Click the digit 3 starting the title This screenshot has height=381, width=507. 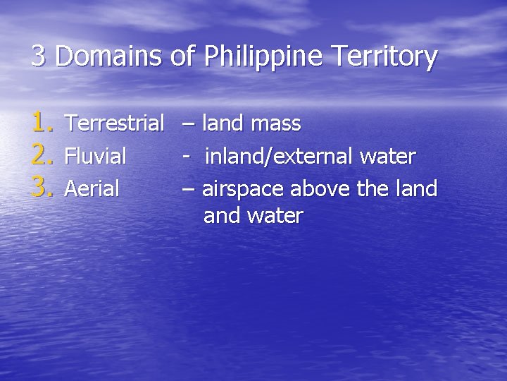[x=39, y=56]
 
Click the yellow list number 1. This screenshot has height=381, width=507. [x=42, y=124]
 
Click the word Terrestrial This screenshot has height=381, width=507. [x=115, y=124]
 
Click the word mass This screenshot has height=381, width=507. [x=276, y=124]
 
